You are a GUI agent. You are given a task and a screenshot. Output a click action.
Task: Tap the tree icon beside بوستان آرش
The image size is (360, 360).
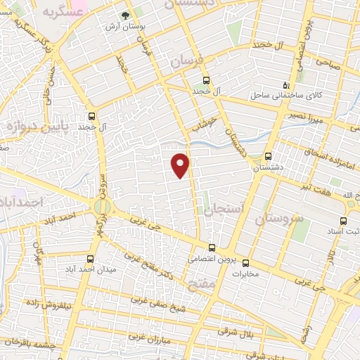[x=125, y=14]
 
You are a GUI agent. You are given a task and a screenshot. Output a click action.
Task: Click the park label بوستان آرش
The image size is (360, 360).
[x=124, y=26]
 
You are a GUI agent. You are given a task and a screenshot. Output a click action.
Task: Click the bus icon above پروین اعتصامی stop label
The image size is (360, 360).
[x=213, y=247]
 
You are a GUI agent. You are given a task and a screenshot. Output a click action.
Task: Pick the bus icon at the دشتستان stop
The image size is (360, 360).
[x=268, y=157]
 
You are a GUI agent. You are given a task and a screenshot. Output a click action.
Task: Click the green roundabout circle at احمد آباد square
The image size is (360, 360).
[x=99, y=206]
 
